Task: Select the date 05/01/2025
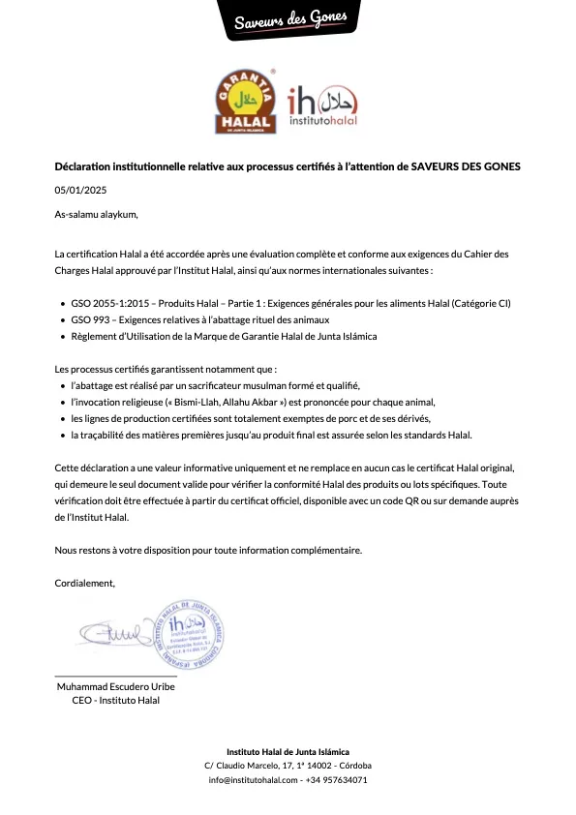[79, 190]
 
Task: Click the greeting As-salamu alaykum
[97, 214]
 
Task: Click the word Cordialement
[84, 583]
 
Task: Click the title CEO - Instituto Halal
[115, 701]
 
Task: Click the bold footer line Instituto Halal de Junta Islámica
[288, 752]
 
